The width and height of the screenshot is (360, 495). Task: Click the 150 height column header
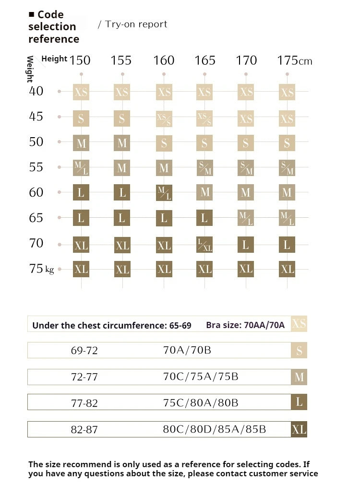pyautogui.click(x=80, y=60)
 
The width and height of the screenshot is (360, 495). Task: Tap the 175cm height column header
pyautogui.click(x=294, y=60)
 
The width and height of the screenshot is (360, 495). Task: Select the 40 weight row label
pyautogui.click(x=36, y=91)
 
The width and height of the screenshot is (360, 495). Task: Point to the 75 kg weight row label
pyautogui.click(x=41, y=269)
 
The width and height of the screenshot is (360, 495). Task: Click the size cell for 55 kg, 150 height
pyautogui.click(x=81, y=167)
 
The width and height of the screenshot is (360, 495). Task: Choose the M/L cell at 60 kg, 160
pyautogui.click(x=164, y=193)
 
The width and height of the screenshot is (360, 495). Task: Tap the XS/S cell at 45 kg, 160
pyautogui.click(x=164, y=118)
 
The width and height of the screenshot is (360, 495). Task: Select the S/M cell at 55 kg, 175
pyautogui.click(x=287, y=167)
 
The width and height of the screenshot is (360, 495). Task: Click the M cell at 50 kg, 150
pyautogui.click(x=81, y=143)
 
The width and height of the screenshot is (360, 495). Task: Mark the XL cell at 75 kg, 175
pyautogui.click(x=287, y=269)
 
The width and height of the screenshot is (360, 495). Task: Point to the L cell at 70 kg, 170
pyautogui.click(x=246, y=245)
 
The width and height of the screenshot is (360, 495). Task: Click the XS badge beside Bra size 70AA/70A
pyautogui.click(x=299, y=324)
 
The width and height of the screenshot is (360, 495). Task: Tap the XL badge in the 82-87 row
pyautogui.click(x=299, y=429)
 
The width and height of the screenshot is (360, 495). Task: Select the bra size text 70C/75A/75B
pyautogui.click(x=201, y=377)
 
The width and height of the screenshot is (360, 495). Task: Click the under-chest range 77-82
pyautogui.click(x=84, y=403)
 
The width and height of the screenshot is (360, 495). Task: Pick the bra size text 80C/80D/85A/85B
pyautogui.click(x=214, y=429)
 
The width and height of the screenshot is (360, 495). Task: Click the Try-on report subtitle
pyautogui.click(x=133, y=24)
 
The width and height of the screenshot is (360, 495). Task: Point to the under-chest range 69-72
pyautogui.click(x=84, y=351)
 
